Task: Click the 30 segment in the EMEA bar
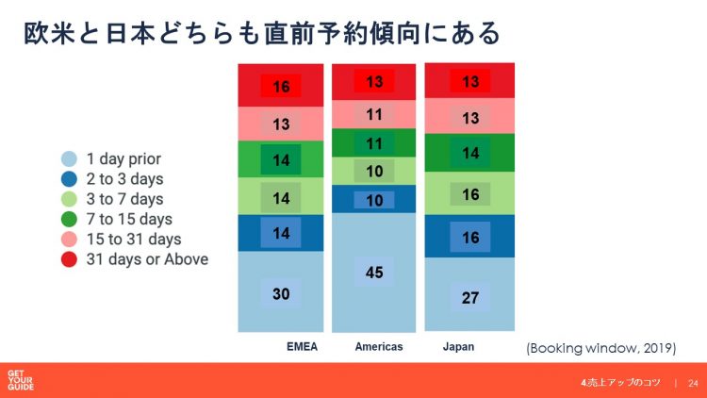point(281,292)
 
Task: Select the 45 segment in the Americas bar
point(374,272)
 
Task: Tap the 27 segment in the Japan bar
point(469,296)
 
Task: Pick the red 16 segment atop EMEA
point(281,87)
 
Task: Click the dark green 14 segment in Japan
point(469,152)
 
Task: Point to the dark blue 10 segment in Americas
point(374,199)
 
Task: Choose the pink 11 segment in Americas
point(374,114)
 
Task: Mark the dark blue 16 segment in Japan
point(469,237)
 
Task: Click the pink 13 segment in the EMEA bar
point(281,124)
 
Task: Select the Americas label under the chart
point(379,347)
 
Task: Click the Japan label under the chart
point(458,347)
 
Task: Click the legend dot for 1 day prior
point(69,158)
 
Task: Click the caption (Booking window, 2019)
point(601,348)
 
